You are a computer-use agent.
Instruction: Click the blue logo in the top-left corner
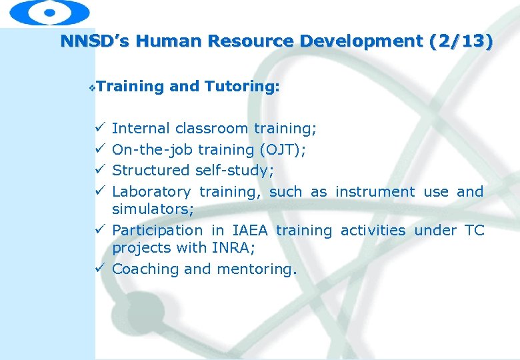tap(50, 13)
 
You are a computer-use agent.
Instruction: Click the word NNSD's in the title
tap(94, 41)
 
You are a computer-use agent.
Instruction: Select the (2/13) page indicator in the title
tap(462, 41)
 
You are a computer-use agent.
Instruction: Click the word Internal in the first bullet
tap(141, 128)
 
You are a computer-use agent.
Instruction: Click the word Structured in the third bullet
tap(151, 171)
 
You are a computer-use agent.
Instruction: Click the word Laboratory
tap(151, 192)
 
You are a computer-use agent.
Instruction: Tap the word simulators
tap(152, 209)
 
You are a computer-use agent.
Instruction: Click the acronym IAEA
tap(251, 231)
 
